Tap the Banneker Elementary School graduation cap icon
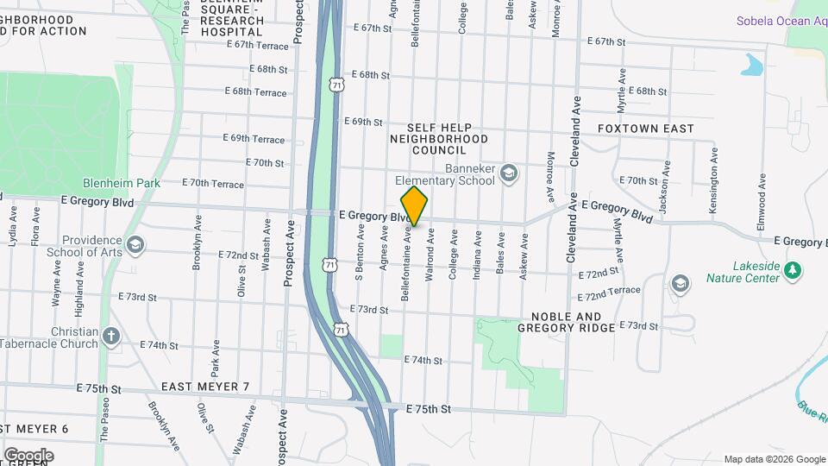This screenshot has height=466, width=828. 509,174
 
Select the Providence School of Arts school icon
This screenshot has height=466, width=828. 135,246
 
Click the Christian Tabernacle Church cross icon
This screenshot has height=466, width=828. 111,335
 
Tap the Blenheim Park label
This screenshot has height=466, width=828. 116,183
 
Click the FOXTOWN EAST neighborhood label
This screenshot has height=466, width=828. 645,129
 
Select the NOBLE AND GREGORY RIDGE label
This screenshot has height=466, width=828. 567,322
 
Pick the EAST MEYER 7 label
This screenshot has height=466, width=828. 205,386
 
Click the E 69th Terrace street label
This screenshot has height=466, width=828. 254,138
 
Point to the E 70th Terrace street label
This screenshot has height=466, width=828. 214,184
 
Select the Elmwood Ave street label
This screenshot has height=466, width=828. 762,199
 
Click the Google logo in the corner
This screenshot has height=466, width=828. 28,455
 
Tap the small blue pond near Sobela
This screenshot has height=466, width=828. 753,65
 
